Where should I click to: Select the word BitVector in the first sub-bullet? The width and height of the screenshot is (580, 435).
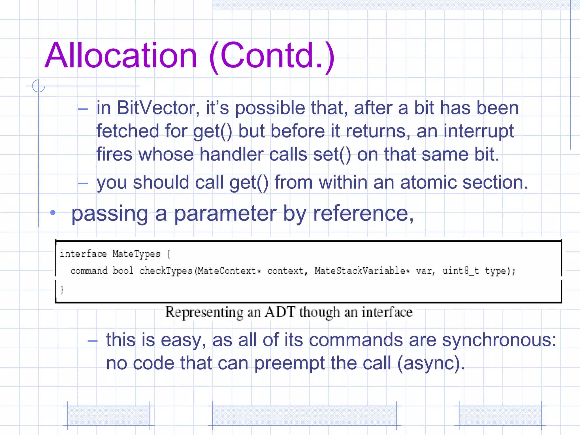point(156,108)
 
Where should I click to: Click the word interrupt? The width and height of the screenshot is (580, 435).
point(479,131)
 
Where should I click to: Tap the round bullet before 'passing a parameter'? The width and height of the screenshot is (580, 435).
point(53,213)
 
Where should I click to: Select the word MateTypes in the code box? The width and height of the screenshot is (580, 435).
point(136,254)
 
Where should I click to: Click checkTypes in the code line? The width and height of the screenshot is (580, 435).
point(166,271)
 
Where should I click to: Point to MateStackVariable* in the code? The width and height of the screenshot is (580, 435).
point(362,271)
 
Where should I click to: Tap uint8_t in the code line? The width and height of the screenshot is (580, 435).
point(460,271)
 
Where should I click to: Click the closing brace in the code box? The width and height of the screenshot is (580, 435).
point(62,289)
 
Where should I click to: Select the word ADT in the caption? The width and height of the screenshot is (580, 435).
point(280,312)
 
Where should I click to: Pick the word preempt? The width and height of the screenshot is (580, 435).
point(289,363)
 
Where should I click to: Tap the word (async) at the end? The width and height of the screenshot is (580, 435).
point(431,363)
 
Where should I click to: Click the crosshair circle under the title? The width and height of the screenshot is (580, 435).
point(39,86)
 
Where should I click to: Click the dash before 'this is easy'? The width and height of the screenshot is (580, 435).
point(93,341)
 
